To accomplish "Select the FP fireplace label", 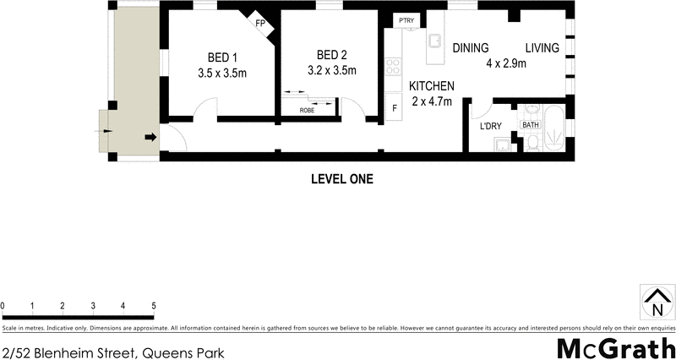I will tap(261, 23).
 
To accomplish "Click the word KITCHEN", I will tap(433, 86).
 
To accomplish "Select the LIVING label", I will tap(542, 48).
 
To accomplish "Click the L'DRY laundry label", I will tap(491, 126).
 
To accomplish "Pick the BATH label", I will tap(531, 125).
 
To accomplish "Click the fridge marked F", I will tap(393, 108).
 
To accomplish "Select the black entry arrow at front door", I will tap(150, 137).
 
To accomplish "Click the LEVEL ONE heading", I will tap(342, 179).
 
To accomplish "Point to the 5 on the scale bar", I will tap(154, 305).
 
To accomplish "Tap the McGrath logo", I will tap(614, 347).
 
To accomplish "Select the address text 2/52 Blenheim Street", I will tap(113, 351).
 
